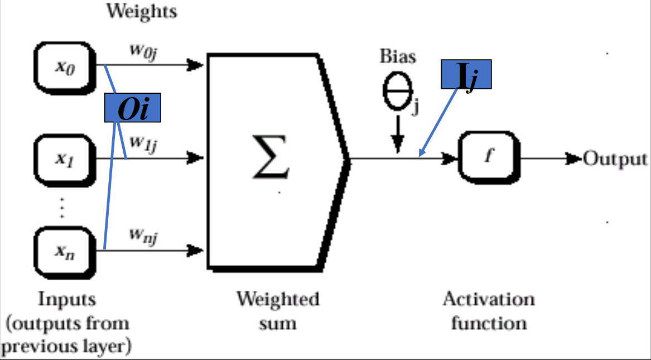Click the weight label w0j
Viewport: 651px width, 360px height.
pyautogui.click(x=143, y=51)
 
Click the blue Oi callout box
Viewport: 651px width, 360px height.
pyautogui.click(x=132, y=109)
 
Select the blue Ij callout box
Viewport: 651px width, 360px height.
pyautogui.click(x=466, y=75)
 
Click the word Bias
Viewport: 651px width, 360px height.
pyautogui.click(x=398, y=56)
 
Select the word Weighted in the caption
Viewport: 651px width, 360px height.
pyautogui.click(x=277, y=299)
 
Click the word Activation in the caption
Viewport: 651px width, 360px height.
pyautogui.click(x=489, y=299)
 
